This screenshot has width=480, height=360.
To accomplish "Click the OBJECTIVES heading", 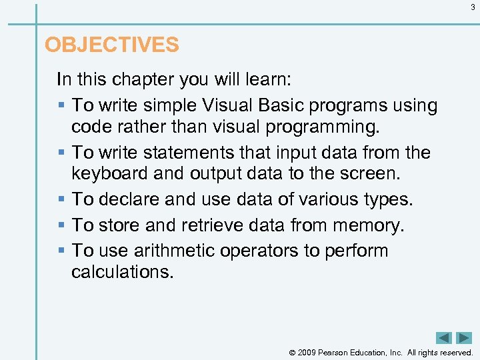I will click(x=111, y=45).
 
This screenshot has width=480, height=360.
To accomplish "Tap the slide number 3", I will click(x=473, y=7).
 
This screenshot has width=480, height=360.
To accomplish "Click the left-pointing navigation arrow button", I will click(x=444, y=338).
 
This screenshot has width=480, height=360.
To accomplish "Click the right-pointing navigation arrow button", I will click(x=464, y=338).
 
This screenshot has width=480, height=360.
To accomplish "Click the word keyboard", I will click(x=110, y=173).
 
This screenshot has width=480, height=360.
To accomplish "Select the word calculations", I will click(x=122, y=271).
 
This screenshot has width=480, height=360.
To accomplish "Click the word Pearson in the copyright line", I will click(x=339, y=352).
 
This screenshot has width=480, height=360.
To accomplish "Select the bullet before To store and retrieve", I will click(x=62, y=226).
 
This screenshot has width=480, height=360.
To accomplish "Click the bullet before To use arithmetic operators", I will click(x=62, y=251).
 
